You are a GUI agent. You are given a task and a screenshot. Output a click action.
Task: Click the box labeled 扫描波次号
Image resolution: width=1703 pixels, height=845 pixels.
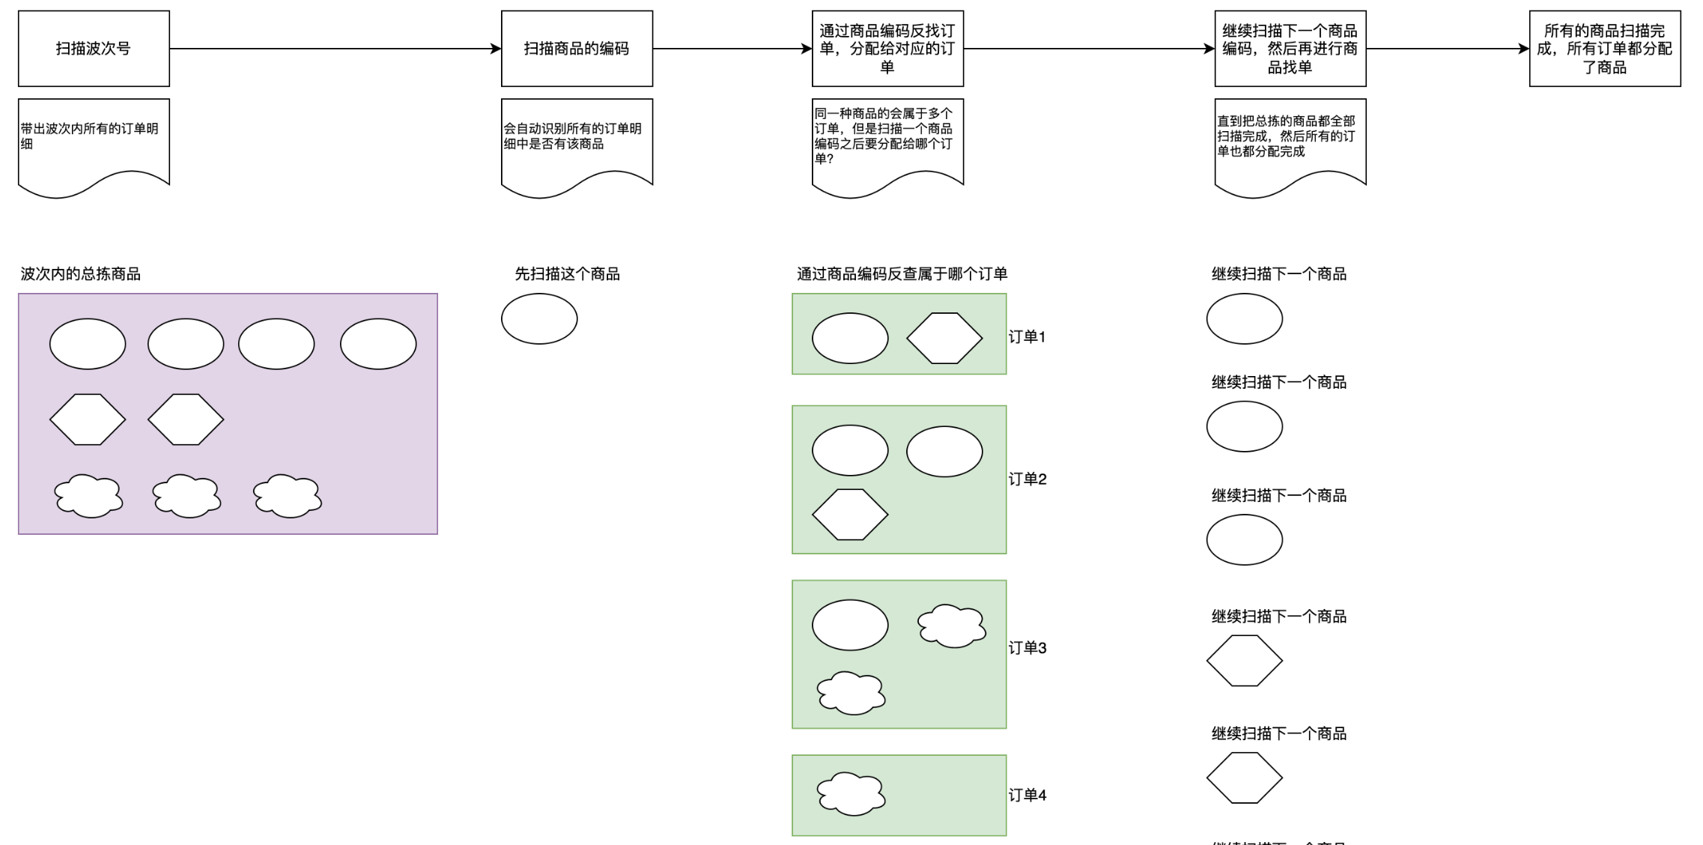[94, 49]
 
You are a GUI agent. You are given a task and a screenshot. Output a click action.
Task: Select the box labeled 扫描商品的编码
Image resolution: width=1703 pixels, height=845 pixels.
[577, 49]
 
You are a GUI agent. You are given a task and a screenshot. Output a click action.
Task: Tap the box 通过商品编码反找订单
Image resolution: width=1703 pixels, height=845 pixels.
[887, 49]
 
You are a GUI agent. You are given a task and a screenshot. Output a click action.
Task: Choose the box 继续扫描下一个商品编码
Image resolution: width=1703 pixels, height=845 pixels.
[1290, 49]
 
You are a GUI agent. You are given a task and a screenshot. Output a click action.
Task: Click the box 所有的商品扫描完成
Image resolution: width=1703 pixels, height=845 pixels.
[1604, 49]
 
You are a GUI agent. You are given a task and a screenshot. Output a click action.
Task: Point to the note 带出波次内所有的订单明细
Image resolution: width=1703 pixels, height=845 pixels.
[94, 142]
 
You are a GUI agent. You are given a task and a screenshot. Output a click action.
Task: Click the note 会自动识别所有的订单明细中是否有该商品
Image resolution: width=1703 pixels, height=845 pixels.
[577, 142]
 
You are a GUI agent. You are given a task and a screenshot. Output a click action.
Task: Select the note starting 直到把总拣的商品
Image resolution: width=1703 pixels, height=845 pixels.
[1290, 142]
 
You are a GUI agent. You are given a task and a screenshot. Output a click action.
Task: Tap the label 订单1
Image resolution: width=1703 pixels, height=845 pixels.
[1027, 337]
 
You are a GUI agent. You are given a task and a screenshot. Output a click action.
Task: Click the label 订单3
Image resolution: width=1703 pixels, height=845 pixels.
[1027, 648]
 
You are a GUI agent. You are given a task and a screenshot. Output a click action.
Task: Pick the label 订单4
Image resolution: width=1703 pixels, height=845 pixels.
[1027, 796]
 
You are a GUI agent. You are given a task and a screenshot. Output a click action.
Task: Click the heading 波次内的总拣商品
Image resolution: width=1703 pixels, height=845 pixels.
[80, 274]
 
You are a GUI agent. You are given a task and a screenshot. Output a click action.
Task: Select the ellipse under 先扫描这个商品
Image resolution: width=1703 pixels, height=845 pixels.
[539, 319]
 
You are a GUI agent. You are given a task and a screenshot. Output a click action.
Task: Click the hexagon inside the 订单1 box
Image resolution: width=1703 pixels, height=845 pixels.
[944, 339]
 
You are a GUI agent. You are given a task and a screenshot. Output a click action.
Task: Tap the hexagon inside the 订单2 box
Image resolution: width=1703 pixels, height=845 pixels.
[850, 515]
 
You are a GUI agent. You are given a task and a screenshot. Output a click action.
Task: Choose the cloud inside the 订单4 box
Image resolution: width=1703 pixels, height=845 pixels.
[851, 794]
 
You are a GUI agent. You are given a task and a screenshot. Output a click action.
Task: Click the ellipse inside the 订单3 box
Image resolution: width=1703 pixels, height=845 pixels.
[850, 625]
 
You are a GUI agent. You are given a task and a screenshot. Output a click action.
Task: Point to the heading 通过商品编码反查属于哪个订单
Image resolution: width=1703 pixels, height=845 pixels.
[902, 274]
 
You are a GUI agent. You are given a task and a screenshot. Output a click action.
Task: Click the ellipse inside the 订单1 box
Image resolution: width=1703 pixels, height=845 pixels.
[850, 339]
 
